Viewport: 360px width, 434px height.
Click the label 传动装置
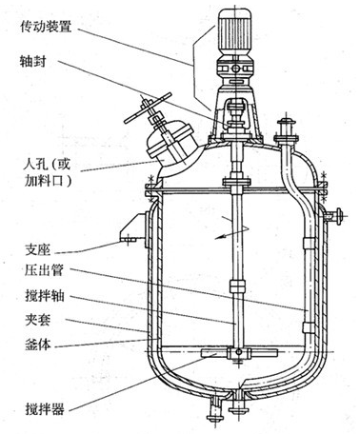(x=46, y=26)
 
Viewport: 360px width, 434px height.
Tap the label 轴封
(x=32, y=61)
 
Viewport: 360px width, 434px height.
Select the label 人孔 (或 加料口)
(x=47, y=172)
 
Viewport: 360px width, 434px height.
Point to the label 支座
(x=37, y=249)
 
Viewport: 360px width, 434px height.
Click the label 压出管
(x=44, y=270)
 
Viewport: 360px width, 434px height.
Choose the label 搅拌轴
(x=45, y=295)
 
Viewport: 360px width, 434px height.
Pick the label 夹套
(x=37, y=320)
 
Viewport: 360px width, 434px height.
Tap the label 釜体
(x=37, y=345)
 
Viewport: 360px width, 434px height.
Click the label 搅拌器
(x=45, y=408)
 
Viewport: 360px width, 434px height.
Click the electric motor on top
(x=235, y=31)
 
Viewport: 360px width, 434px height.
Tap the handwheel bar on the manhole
(x=148, y=108)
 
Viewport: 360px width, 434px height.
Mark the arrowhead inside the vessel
(x=219, y=236)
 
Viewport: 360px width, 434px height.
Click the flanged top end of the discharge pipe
(x=287, y=130)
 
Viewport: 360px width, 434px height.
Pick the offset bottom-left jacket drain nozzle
(x=215, y=410)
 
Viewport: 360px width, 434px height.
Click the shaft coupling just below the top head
(x=236, y=182)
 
